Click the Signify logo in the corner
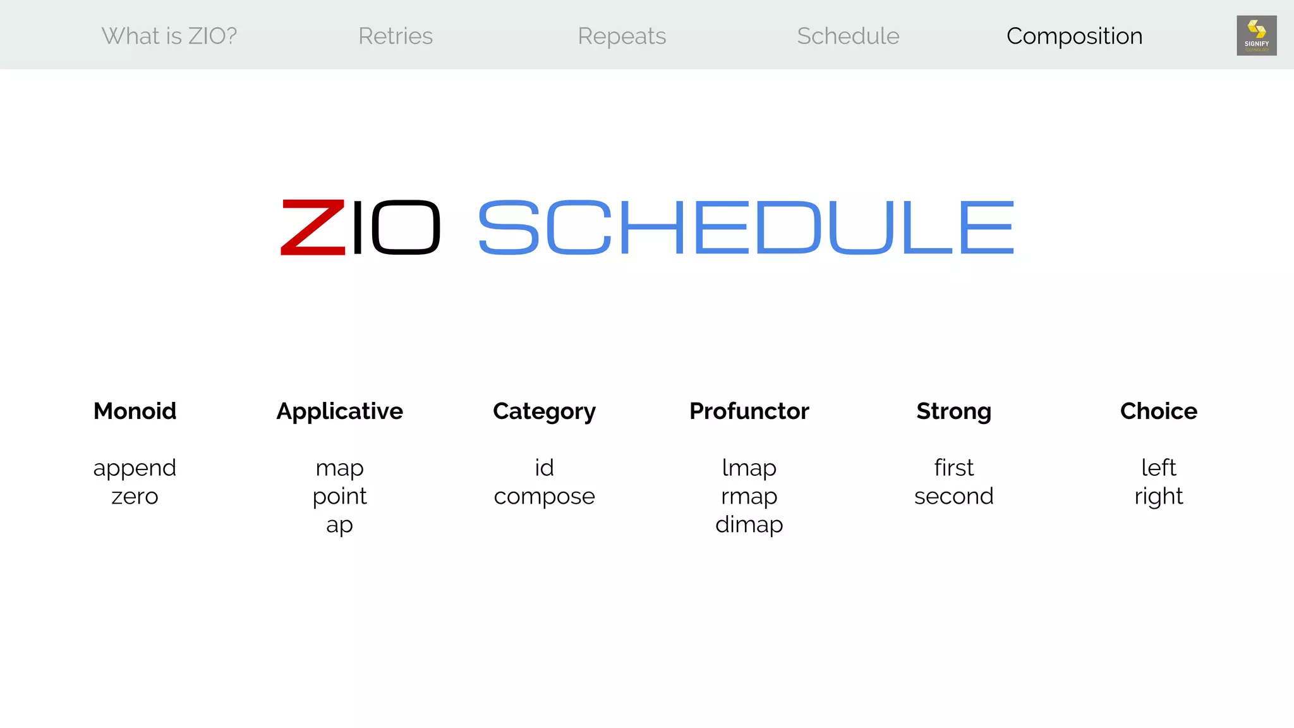pyautogui.click(x=1256, y=35)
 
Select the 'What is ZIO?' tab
pyautogui.click(x=169, y=36)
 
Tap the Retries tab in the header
pyautogui.click(x=396, y=36)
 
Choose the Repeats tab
pyautogui.click(x=622, y=36)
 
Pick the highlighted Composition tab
pyautogui.click(x=1074, y=36)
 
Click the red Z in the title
pyautogui.click(x=313, y=227)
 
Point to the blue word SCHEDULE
pyautogui.click(x=746, y=227)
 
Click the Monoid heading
pyautogui.click(x=135, y=411)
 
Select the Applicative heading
pyautogui.click(x=339, y=411)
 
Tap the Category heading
pyautogui.click(x=544, y=411)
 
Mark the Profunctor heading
pyautogui.click(x=749, y=411)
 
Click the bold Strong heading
pyautogui.click(x=953, y=411)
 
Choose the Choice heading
pyautogui.click(x=1158, y=411)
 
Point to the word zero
pyautogui.click(x=135, y=497)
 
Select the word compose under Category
pyautogui.click(x=544, y=497)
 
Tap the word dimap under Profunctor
pyautogui.click(x=749, y=525)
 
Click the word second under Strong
pyautogui.click(x=953, y=496)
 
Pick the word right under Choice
pyautogui.click(x=1158, y=497)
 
